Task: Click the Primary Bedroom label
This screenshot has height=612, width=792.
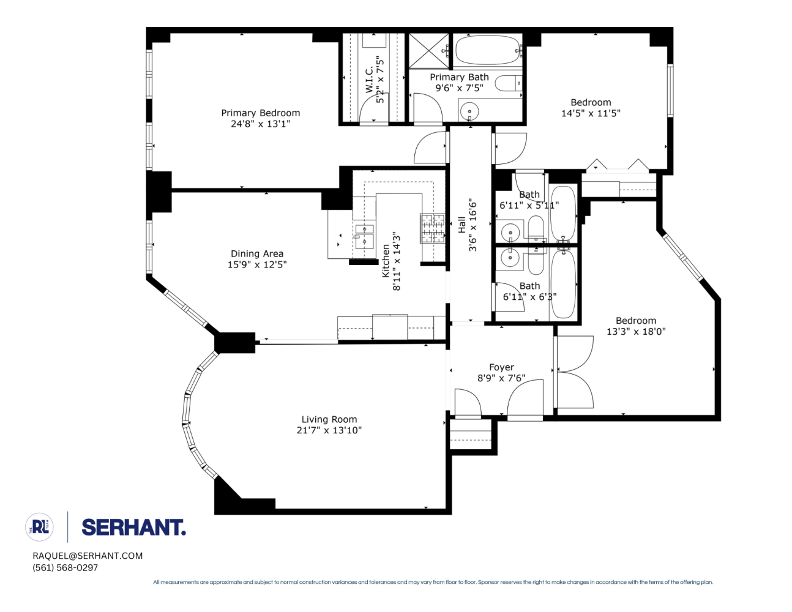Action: click(x=260, y=113)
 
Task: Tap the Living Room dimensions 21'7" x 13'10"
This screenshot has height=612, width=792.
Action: click(x=329, y=430)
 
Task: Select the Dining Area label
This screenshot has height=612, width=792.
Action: click(x=256, y=253)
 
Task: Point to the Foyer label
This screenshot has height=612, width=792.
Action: click(x=501, y=367)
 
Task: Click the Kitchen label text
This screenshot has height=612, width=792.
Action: click(x=386, y=261)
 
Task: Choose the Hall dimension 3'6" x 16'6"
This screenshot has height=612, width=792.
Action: click(x=473, y=225)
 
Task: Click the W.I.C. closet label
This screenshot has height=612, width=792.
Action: click(x=369, y=80)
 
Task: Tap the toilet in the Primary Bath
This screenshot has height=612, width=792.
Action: click(x=508, y=83)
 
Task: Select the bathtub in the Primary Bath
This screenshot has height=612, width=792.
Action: click(x=487, y=50)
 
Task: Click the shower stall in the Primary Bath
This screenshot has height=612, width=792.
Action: click(x=428, y=51)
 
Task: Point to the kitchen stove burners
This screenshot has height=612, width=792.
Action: click(x=432, y=228)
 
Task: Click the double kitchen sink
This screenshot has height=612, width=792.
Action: click(x=364, y=236)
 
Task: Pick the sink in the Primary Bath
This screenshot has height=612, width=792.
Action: click(x=469, y=112)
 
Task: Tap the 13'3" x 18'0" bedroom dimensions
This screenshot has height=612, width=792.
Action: click(x=636, y=331)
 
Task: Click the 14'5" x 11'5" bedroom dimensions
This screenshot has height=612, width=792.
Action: click(x=591, y=113)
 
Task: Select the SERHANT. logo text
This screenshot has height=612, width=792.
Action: click(x=133, y=528)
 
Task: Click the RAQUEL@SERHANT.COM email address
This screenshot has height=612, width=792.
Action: click(x=88, y=556)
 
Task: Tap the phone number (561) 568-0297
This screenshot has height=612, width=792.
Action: click(x=65, y=567)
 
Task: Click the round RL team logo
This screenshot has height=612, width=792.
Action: click(x=40, y=527)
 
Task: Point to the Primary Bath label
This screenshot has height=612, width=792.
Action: click(x=459, y=77)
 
